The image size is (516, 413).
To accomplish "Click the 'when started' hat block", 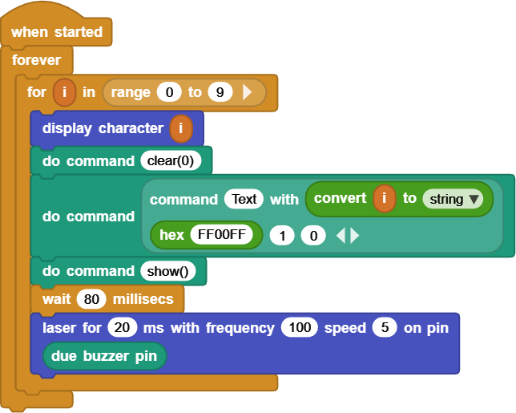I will (x=56, y=32).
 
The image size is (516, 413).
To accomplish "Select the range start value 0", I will (x=169, y=92).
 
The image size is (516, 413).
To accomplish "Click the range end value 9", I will (x=220, y=92).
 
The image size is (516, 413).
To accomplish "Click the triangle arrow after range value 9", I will (x=248, y=92).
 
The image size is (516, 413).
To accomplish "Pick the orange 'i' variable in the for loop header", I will (x=64, y=92).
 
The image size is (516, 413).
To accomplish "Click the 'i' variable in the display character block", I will (x=181, y=128).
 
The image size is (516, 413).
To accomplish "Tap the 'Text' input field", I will (x=244, y=199).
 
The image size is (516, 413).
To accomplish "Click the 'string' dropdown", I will (x=453, y=199).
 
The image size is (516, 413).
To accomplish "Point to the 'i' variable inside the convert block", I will (x=385, y=199).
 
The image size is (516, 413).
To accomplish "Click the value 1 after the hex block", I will (x=281, y=235).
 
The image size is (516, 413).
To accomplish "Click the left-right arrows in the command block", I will (x=347, y=235).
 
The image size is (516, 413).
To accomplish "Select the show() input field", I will (x=171, y=271).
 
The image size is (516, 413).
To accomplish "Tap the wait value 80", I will (x=92, y=299).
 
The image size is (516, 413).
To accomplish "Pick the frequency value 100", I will (x=299, y=328).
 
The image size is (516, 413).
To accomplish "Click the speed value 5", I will (x=385, y=328).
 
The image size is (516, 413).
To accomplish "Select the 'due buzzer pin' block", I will (x=104, y=355).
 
